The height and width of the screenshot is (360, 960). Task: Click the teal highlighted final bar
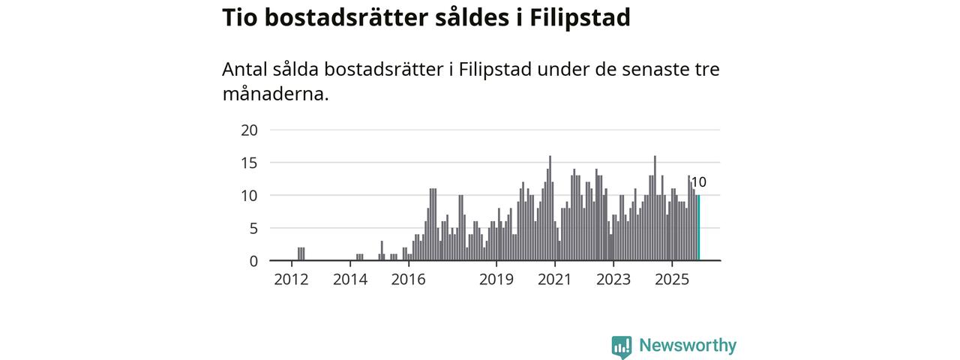point(698,228)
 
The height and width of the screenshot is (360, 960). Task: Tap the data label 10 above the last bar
point(698,182)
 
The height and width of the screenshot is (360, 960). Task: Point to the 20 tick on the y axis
point(249,130)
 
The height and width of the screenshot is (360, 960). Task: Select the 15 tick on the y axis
point(249,163)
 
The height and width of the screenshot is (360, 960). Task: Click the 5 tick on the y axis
point(253,228)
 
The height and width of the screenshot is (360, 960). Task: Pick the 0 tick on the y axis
point(253,261)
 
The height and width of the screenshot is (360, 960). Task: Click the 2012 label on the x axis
point(291,280)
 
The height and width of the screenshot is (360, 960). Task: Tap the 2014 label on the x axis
point(349,280)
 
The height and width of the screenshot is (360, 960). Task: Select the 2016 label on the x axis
point(408,280)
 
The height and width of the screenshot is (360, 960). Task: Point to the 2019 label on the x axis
point(496,280)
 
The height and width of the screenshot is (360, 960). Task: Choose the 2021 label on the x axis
point(555,280)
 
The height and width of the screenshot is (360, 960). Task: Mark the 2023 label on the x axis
point(613,280)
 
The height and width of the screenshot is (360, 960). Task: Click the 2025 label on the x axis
point(672,280)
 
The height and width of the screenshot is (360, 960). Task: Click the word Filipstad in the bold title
point(580,17)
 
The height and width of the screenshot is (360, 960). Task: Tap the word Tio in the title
point(240,17)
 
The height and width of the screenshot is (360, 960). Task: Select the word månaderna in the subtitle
point(275,94)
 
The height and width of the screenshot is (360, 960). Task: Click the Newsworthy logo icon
point(622,346)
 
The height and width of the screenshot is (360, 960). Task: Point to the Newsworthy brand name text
point(688,346)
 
